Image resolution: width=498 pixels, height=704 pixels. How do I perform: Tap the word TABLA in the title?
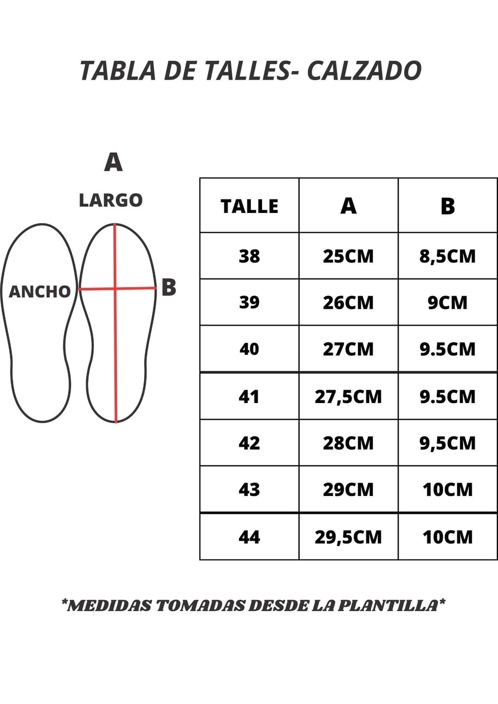pos(118,70)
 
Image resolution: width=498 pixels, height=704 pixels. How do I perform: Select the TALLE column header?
pos(249,207)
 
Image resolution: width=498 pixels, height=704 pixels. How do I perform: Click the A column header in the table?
pos(348,206)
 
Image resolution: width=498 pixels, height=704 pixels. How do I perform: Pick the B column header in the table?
pos(448,206)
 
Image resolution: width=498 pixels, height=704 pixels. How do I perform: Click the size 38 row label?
pos(249,256)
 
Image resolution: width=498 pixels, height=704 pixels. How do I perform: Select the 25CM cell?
pos(348,256)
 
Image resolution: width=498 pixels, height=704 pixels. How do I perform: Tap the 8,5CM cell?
pos(448,256)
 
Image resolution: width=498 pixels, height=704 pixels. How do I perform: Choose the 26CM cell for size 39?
pos(348,303)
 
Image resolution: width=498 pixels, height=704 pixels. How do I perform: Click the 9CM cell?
pos(448,303)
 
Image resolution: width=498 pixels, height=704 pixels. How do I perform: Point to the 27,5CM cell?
pos(348,397)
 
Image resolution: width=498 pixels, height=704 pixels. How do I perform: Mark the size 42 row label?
pos(249,443)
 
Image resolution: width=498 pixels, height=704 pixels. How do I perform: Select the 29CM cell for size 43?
pos(348,490)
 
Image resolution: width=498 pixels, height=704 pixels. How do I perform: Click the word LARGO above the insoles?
pos(111,200)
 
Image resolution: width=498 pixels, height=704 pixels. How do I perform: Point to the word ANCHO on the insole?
pos(39,292)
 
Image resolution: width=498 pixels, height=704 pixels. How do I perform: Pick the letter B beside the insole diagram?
pos(169,287)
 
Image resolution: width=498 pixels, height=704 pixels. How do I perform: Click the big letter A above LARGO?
pos(113,162)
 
